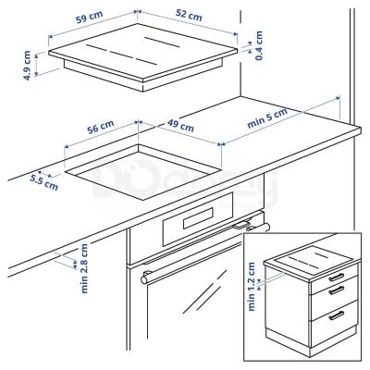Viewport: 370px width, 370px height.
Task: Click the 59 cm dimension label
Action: [x=89, y=18]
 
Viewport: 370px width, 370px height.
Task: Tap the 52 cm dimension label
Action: [x=188, y=17]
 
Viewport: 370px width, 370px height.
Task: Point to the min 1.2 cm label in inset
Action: [x=255, y=283]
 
